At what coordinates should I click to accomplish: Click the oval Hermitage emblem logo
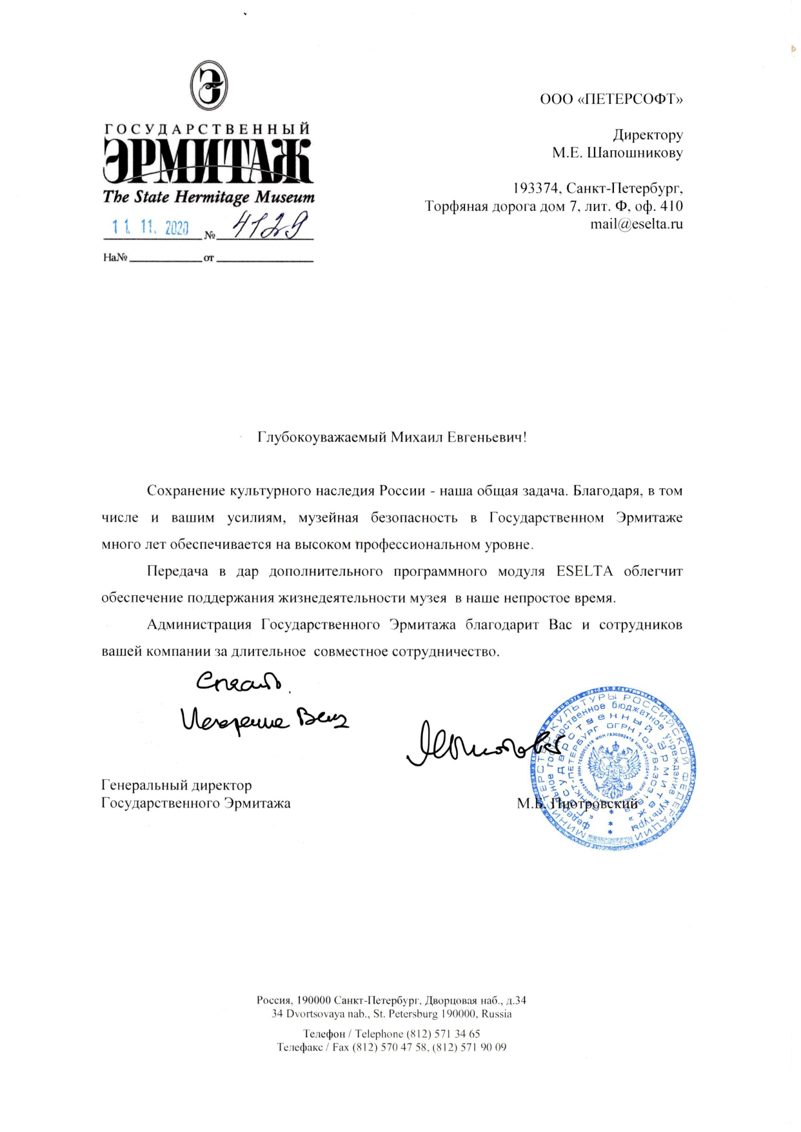[208, 86]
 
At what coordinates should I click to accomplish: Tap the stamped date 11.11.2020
[150, 227]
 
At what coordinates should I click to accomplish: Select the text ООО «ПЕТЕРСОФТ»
[611, 99]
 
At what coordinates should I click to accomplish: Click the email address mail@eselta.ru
[636, 224]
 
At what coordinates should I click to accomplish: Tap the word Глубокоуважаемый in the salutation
[322, 437]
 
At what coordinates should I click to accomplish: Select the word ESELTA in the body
[584, 571]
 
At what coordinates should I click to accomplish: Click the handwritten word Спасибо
[239, 682]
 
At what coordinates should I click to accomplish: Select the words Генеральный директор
[176, 785]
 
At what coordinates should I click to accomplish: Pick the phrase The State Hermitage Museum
[208, 197]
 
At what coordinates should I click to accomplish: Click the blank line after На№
[166, 258]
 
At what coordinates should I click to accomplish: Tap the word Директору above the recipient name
[648, 135]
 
